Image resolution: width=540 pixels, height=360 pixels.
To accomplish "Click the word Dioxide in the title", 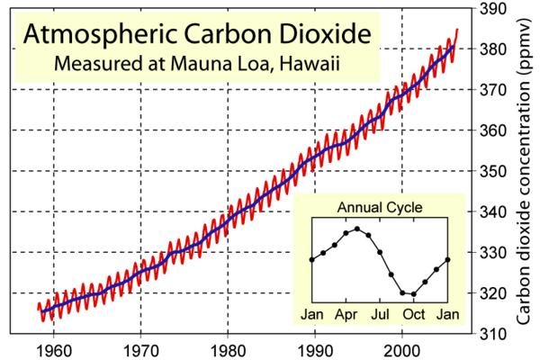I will click(319, 35).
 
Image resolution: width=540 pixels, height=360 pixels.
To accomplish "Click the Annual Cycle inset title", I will click(380, 208).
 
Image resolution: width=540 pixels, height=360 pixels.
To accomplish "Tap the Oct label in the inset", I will click(413, 314).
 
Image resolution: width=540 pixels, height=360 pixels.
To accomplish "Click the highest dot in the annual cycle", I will click(356, 229).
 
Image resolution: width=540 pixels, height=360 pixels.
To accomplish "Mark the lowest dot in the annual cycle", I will click(413, 294).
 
